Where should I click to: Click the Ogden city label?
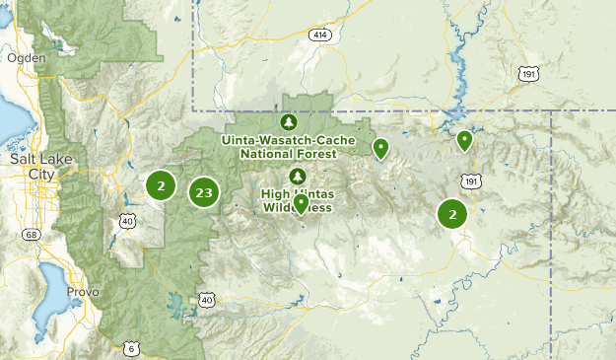(x=27, y=58)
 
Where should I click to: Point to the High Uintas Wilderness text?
(x=298, y=200)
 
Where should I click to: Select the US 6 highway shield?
(x=132, y=347)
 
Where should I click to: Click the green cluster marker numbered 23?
(x=204, y=192)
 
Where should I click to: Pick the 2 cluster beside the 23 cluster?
(x=161, y=184)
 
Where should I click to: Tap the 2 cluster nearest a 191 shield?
(x=452, y=214)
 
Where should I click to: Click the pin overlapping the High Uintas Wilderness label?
(x=301, y=204)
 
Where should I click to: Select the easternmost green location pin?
(x=465, y=141)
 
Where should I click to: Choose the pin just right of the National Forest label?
(x=380, y=148)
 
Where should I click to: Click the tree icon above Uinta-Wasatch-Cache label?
(x=288, y=123)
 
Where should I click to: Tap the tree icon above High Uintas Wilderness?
(x=292, y=176)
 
